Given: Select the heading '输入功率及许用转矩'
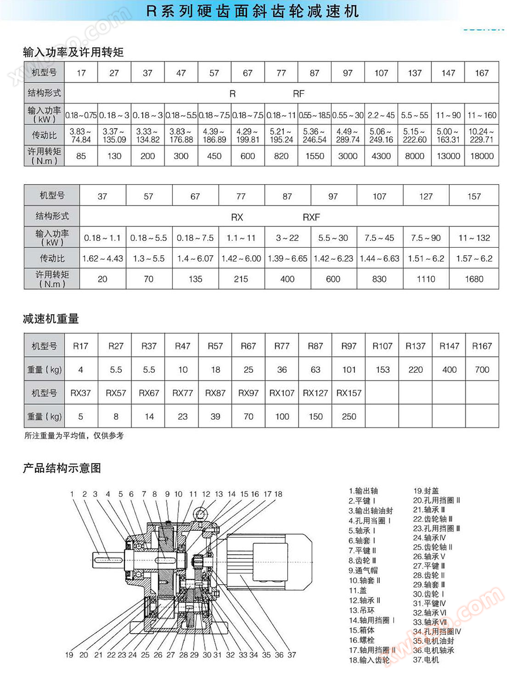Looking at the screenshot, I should pos(73,52).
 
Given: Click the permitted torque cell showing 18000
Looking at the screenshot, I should pos(482,156).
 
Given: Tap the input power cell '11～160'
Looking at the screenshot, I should pos(482,115).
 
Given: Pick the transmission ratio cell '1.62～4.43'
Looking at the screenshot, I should pos(103,259).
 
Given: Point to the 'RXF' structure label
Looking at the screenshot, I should pos(311,217).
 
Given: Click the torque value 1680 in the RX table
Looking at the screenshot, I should pos(474,279).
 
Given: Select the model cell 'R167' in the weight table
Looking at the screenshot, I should pos(481,346).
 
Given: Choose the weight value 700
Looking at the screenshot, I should pos(481,369).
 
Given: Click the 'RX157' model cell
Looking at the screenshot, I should pos(349,393).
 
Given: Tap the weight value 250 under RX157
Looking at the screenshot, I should pos(349,417).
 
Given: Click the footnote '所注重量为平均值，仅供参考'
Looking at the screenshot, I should pos(74,436).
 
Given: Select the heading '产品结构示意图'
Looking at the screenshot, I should pos(62,469).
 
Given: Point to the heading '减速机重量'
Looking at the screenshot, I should pos(51,319).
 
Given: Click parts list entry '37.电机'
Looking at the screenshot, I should pos(426,660).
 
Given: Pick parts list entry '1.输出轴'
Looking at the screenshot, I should pos(363,490).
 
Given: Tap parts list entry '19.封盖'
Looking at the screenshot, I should pos(426,490).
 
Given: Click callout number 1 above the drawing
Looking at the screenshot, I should pos(72,494).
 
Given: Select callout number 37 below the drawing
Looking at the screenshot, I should pos(292,655).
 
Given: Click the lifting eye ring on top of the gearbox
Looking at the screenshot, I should pos(199,514).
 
